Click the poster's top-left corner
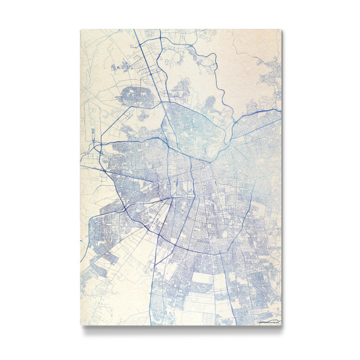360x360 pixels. pos(80,29)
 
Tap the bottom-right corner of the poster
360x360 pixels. pos(281,326)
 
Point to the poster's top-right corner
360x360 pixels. pos(281,29)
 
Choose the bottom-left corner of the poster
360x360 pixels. pos(80,326)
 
